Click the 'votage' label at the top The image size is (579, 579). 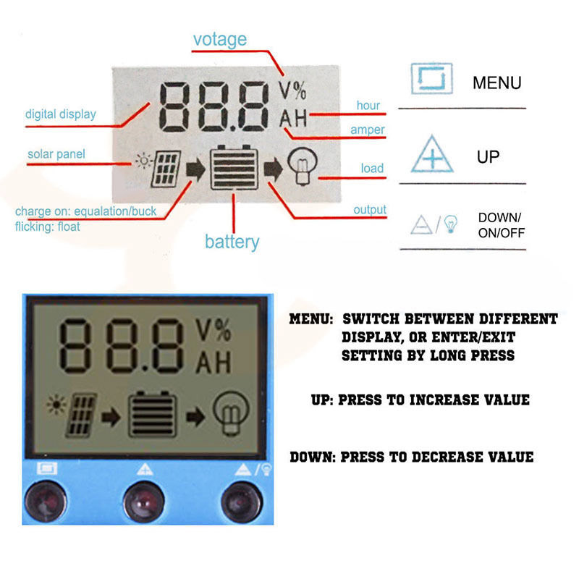pyautogui.click(x=220, y=40)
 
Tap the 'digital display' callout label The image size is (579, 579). pyautogui.click(x=61, y=114)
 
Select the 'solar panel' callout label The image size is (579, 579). pyautogui.click(x=56, y=154)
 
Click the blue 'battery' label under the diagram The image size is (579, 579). pyautogui.click(x=232, y=242)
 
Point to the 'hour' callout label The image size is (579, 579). pyautogui.click(x=368, y=105)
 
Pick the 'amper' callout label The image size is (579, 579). pyautogui.click(x=368, y=130)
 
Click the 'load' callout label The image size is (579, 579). pyautogui.click(x=372, y=169)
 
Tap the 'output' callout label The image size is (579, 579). pyautogui.click(x=370, y=210)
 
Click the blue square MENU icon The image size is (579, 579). pyautogui.click(x=431, y=78)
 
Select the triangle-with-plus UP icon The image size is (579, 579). pyautogui.click(x=432, y=154)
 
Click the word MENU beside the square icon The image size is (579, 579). pyautogui.click(x=497, y=83)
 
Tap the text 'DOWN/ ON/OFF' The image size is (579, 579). pyautogui.click(x=501, y=225)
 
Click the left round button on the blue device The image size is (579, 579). pyautogui.click(x=46, y=502)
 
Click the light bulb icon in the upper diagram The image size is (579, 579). pyautogui.click(x=303, y=166)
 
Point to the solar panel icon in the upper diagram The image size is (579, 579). pyautogui.click(x=166, y=169)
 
